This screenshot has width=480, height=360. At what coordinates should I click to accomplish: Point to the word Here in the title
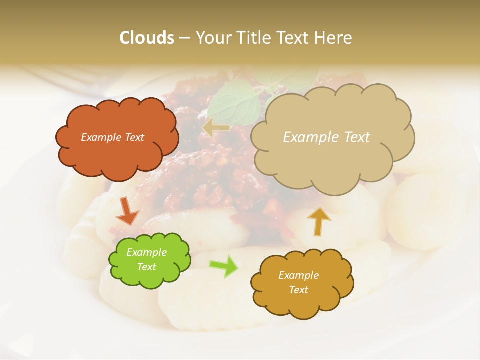click(334, 38)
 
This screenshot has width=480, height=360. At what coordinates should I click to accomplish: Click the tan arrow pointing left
click(215, 128)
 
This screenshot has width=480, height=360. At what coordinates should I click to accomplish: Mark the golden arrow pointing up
click(318, 221)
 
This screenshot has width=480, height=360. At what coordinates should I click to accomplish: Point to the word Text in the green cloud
click(147, 267)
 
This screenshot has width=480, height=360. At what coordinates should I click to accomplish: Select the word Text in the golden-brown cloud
click(298, 290)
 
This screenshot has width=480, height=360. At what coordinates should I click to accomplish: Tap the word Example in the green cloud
click(147, 252)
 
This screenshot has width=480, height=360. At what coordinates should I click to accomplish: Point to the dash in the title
click(184, 38)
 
